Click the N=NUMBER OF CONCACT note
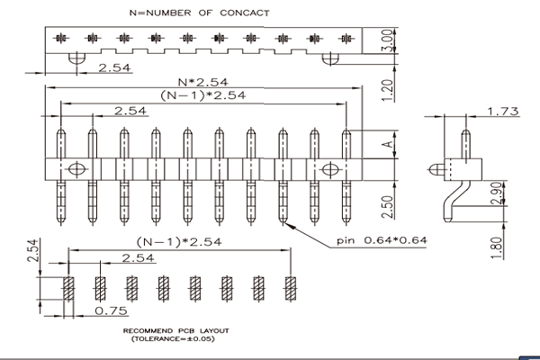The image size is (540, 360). [x=200, y=13]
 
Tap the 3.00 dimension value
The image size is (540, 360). [x=387, y=40]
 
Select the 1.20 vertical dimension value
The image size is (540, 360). [x=387, y=90]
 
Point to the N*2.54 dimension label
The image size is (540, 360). [x=202, y=82]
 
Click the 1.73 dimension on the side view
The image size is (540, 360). [x=503, y=112]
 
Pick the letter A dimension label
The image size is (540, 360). [x=388, y=144]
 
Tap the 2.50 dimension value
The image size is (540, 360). [x=387, y=207]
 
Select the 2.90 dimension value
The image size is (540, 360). [x=497, y=193]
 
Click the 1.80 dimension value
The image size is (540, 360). [x=497, y=248]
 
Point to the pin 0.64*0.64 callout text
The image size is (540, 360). [x=382, y=240]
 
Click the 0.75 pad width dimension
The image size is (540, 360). [x=111, y=310]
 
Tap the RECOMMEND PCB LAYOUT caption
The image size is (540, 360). [x=176, y=331]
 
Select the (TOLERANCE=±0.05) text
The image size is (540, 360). [x=173, y=338]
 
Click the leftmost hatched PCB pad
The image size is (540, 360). [x=68, y=288]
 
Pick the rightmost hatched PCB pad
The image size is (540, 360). [x=291, y=288]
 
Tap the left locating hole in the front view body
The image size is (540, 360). [x=76, y=169]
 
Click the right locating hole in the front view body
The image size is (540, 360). [x=330, y=169]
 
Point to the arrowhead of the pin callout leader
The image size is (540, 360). [x=285, y=224]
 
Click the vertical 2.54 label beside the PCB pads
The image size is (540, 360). [x=33, y=251]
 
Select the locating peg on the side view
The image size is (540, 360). [x=436, y=169]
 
